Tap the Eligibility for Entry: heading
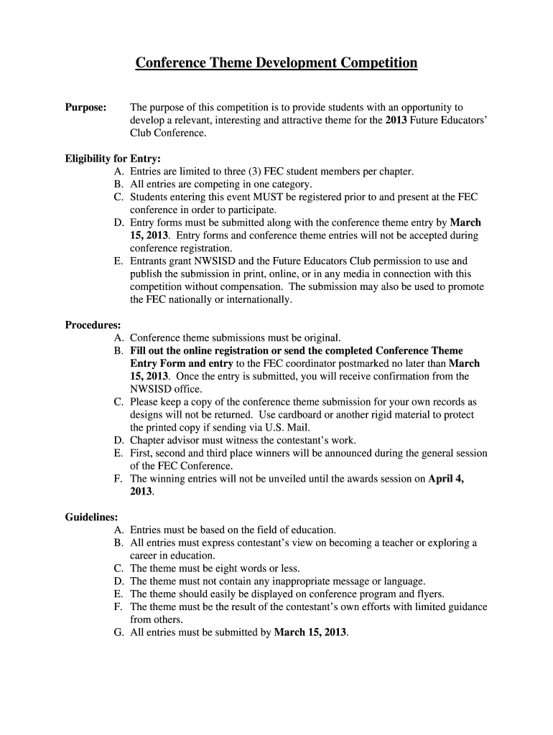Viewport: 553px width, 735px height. tap(113, 159)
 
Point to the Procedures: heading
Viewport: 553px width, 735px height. tap(93, 325)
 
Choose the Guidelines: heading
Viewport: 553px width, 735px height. tap(92, 517)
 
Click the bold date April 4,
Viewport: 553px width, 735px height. tap(446, 479)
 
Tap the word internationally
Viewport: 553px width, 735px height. tap(254, 300)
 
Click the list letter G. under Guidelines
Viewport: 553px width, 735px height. tap(118, 633)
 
